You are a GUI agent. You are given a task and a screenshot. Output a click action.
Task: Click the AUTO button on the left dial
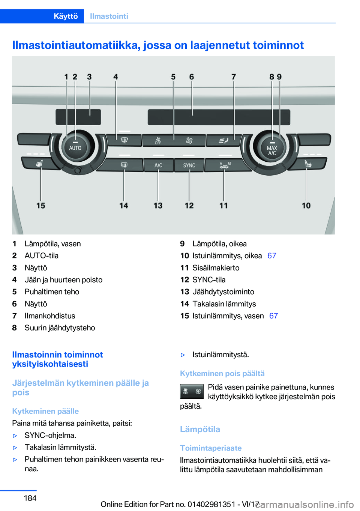[x=75, y=148]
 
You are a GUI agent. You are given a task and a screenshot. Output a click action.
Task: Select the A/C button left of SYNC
[x=158, y=165]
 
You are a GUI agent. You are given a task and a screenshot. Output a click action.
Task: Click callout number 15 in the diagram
[x=41, y=206]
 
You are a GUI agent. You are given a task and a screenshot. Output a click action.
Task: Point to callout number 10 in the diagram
[x=306, y=206]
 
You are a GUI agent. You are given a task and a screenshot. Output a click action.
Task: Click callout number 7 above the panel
[x=234, y=77]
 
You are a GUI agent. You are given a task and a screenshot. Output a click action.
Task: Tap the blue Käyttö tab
[x=66, y=16]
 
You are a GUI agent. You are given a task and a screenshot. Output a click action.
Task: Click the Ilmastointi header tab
[x=109, y=16]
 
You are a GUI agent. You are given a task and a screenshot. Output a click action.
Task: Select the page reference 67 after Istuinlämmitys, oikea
[x=272, y=256]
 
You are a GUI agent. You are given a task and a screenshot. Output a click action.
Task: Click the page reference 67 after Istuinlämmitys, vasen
[x=273, y=316]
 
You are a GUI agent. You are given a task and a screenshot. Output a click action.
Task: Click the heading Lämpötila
[x=200, y=429]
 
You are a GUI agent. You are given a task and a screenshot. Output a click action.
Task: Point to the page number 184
[x=30, y=498]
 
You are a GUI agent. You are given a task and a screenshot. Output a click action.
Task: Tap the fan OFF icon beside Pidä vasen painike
[x=192, y=391]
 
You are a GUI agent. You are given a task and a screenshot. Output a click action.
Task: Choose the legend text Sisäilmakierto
[x=216, y=268]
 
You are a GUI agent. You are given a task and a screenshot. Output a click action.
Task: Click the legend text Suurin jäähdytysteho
[x=60, y=328]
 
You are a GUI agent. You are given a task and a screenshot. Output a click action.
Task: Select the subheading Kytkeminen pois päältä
[x=222, y=374]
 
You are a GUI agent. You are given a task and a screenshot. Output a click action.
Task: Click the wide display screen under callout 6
[x=219, y=117]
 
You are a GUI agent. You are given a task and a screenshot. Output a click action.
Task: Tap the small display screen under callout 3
[x=78, y=117]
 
